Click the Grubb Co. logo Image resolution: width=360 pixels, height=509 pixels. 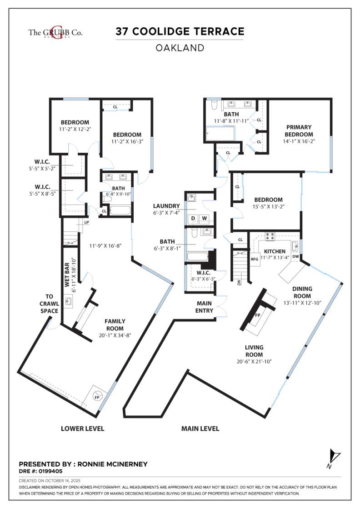55,32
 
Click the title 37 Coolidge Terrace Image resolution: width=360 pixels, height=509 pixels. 180,31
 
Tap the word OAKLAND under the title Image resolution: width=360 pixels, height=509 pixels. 180,47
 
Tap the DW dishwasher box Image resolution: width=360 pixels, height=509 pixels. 295,257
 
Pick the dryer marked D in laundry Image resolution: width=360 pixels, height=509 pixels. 193,219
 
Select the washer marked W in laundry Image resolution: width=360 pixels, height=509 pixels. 205,219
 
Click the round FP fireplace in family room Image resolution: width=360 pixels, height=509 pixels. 96,397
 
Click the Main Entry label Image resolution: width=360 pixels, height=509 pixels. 205,307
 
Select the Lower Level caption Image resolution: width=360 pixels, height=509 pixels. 83,428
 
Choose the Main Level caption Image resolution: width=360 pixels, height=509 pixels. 200,428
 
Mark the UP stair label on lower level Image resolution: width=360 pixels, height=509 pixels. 86,222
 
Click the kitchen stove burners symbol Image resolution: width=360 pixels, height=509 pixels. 270,236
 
